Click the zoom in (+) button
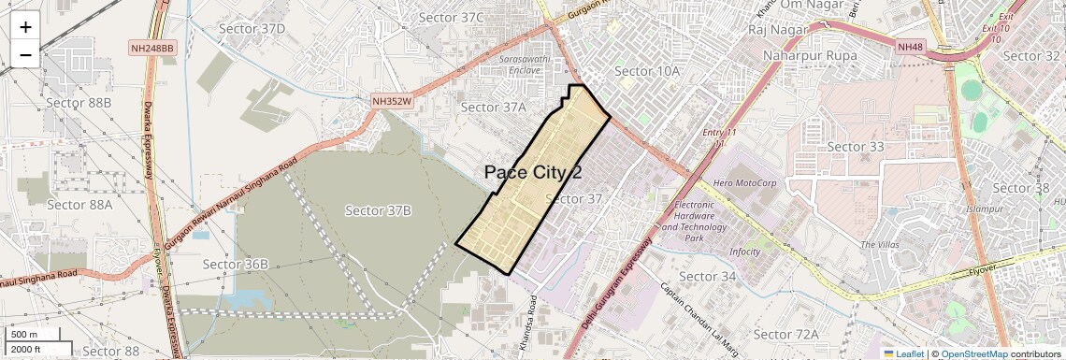(25, 27)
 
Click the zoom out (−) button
(25, 54)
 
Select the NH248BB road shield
(152, 47)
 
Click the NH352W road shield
(391, 100)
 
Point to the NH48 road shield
(908, 47)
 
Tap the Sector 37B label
(379, 210)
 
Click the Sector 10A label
(646, 71)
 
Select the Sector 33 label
(856, 147)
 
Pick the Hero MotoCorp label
(745, 183)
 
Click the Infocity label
(745, 252)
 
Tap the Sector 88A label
(79, 205)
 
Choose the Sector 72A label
(786, 335)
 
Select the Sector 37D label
(252, 29)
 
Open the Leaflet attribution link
(903, 353)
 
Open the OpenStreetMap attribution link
(973, 353)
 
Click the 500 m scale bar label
(25, 335)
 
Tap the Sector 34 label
(709, 277)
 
